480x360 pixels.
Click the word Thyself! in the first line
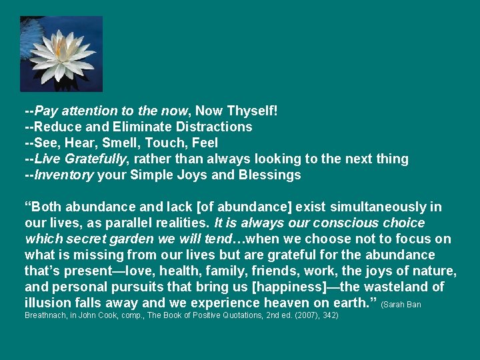point(253,111)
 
